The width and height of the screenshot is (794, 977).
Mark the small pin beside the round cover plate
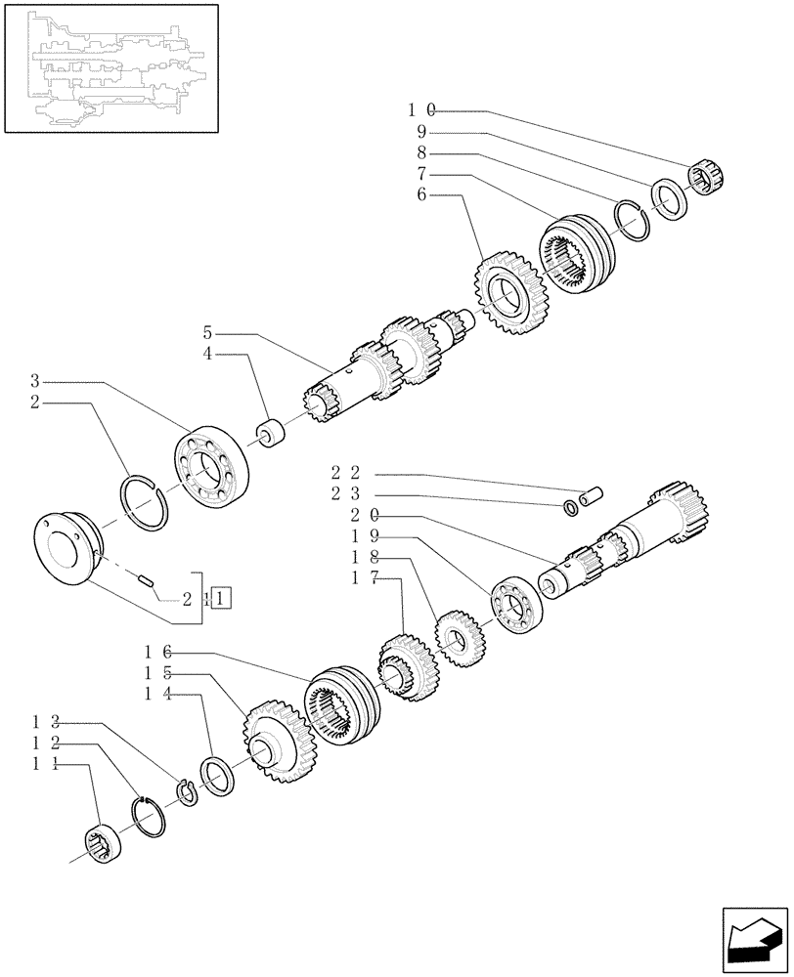click(x=148, y=581)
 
